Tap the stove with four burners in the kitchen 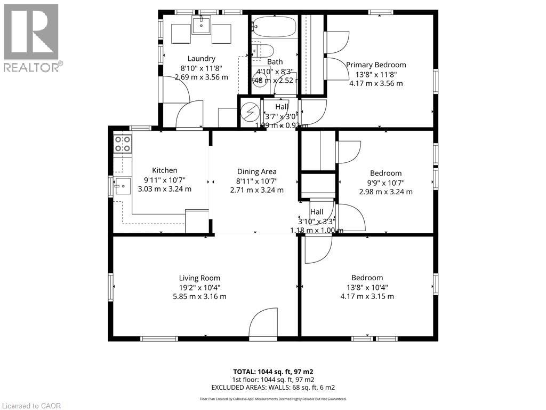123,144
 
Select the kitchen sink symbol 122,186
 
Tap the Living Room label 199,278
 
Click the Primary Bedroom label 376,65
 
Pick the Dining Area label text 256,171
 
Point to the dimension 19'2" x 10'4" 199,287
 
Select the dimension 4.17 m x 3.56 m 376,83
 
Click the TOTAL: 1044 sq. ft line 276,372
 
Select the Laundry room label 202,58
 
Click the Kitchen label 164,170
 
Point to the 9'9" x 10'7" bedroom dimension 386,183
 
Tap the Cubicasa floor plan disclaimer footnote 273,399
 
